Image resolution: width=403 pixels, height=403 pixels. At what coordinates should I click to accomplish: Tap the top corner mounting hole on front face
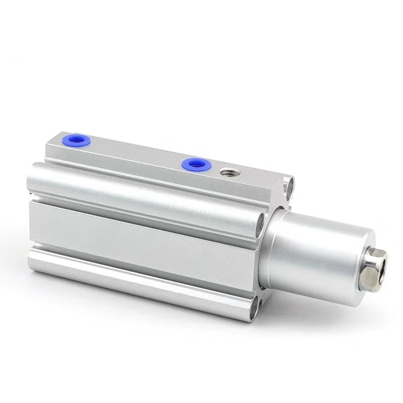[289, 186]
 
